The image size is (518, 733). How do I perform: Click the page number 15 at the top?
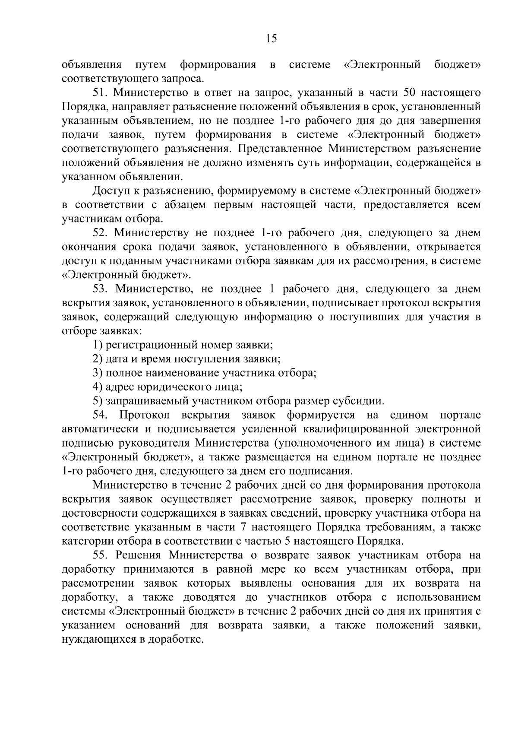click(272, 39)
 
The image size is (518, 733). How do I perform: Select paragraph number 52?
click(101, 233)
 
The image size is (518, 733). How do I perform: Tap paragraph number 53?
click(101, 289)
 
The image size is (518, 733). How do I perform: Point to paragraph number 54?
click(101, 415)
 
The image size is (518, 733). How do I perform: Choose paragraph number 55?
click(101, 555)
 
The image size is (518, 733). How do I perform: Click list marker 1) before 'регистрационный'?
click(98, 345)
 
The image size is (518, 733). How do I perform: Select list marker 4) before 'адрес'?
click(98, 387)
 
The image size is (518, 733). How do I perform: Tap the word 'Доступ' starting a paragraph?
click(110, 191)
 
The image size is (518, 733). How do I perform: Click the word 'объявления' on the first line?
click(92, 65)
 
